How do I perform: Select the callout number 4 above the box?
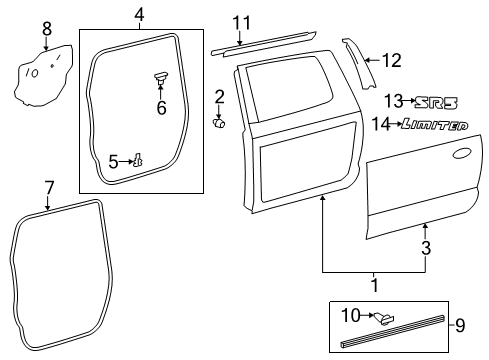tap(139, 14)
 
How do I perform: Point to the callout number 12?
tap(391, 60)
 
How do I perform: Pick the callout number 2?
tap(219, 96)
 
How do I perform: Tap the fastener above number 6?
tap(160, 76)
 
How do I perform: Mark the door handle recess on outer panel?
tap(461, 155)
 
